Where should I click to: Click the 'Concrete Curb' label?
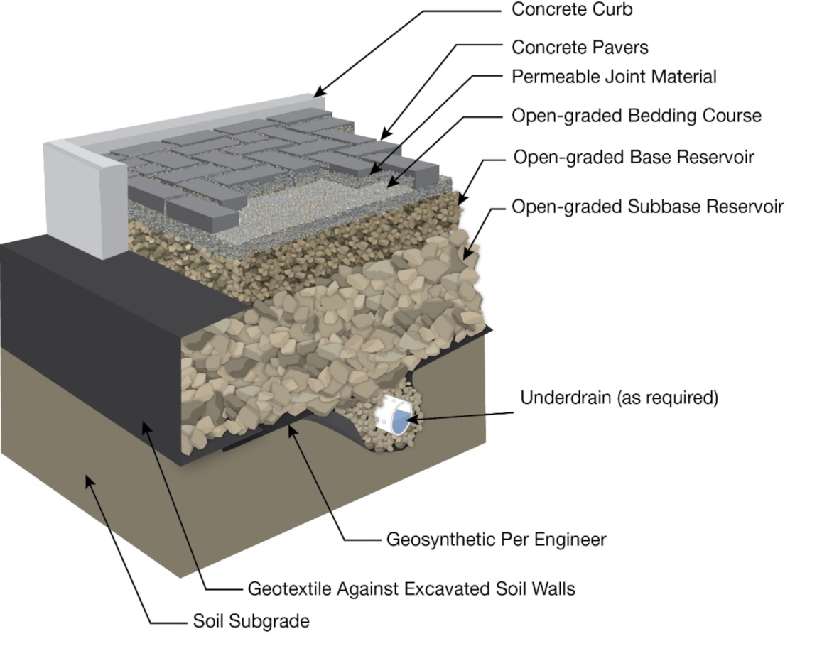point(572,10)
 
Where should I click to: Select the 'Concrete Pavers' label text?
point(580,48)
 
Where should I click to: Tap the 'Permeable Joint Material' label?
point(614,76)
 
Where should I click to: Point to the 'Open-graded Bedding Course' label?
point(637,115)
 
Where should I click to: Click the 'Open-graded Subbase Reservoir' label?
point(647,207)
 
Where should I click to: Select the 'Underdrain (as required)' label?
point(619,398)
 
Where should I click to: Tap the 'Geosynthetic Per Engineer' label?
point(496,540)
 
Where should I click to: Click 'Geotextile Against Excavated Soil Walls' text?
point(411,588)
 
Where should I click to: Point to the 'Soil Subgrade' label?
point(251,621)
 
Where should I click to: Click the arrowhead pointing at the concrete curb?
point(320,92)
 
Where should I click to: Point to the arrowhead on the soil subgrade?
point(90,481)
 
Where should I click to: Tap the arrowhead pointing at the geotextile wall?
point(147,426)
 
